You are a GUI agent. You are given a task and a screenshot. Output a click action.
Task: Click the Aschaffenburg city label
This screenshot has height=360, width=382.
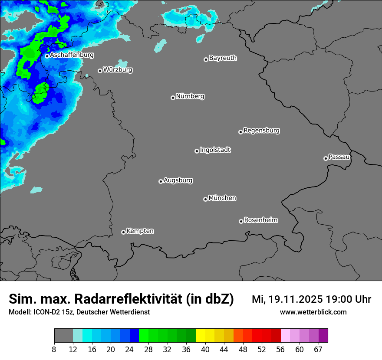72,55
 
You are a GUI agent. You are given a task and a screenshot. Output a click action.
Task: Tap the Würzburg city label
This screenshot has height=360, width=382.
118,70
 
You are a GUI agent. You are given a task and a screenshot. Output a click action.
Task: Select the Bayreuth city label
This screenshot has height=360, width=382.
223,58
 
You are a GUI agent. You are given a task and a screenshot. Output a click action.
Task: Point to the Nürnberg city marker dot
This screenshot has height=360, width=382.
173,98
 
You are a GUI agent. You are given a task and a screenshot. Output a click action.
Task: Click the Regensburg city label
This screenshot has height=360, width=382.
261,131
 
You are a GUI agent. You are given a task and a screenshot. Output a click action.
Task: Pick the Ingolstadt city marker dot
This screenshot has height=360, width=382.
197,151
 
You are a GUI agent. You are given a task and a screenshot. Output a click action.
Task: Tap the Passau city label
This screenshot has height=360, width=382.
339,157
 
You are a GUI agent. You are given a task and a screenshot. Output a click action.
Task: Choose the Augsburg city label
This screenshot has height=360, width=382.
178,180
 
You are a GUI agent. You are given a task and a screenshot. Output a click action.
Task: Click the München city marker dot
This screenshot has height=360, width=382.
205,199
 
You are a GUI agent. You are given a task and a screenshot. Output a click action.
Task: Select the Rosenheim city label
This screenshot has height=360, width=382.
260,220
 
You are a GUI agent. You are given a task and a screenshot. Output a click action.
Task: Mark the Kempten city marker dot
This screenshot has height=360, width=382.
123,232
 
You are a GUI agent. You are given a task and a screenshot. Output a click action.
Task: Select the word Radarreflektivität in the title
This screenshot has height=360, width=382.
128,299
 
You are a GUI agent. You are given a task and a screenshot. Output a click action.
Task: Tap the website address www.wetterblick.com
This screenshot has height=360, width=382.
313,312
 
